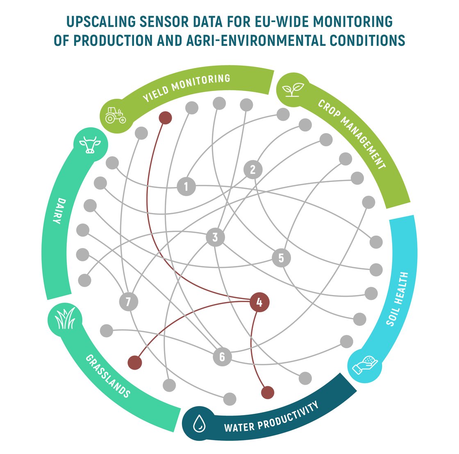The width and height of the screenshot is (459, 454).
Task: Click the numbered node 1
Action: pos(186,186)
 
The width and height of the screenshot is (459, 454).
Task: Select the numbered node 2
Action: pos(252,169)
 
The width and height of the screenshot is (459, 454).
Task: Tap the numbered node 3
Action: pos(215,237)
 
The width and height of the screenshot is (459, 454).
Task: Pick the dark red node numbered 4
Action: pos(259,302)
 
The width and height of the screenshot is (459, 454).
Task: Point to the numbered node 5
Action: pos(281,258)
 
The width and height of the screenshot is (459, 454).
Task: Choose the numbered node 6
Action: pos(222,356)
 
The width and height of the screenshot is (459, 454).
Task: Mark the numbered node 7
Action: pos(128,302)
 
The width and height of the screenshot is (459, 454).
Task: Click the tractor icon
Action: pos(116,116)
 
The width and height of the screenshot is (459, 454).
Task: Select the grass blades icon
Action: pos(64,320)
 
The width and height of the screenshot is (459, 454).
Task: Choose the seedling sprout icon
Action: pos(294,90)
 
